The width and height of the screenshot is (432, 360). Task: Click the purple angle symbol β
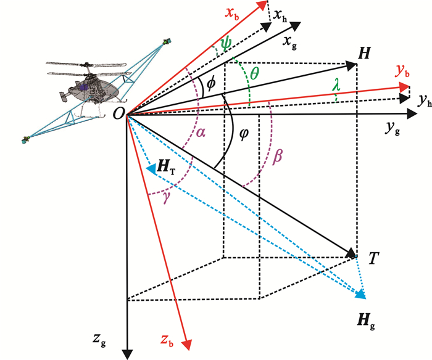[277, 156]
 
